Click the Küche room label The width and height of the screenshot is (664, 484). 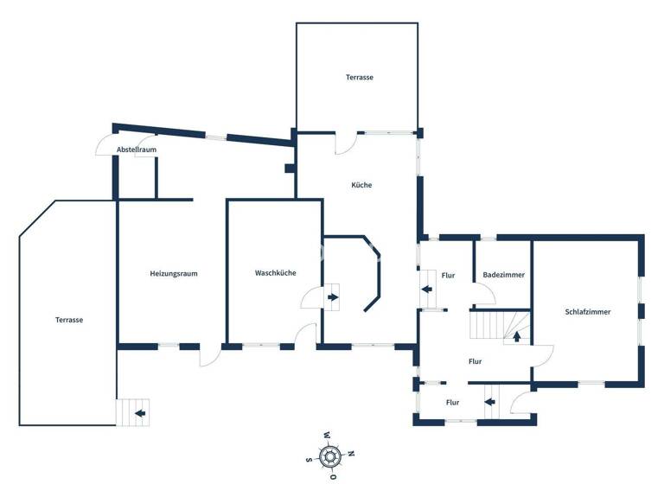[x=361, y=185]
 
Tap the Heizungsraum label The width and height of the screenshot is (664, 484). [x=174, y=274]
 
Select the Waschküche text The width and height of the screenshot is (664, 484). [x=275, y=273]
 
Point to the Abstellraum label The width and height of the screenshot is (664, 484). [x=137, y=150]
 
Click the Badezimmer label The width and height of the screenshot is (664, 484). [x=503, y=275]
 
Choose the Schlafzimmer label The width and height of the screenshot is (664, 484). [x=588, y=312]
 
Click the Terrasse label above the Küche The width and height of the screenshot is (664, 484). [x=360, y=78]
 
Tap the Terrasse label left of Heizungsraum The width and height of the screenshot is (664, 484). [x=68, y=320]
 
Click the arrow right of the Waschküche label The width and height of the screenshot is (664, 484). [x=334, y=298]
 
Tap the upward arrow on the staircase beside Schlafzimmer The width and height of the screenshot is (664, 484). [x=517, y=336]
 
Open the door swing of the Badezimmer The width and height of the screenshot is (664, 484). [x=484, y=294]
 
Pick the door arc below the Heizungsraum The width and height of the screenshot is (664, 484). [x=209, y=356]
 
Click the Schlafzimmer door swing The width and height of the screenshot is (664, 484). [x=543, y=353]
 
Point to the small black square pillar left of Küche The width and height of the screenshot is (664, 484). [x=289, y=168]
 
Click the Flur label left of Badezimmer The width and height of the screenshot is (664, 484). [x=448, y=276]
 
